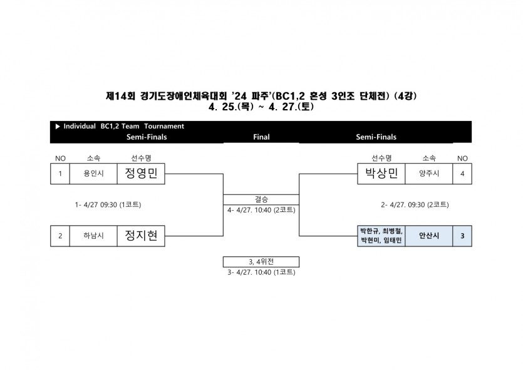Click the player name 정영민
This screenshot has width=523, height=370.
(x=141, y=173)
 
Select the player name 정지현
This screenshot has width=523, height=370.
(x=141, y=236)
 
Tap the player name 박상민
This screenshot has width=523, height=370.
(x=381, y=173)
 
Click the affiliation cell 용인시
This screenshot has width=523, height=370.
(x=93, y=173)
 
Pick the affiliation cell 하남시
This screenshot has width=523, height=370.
(x=93, y=236)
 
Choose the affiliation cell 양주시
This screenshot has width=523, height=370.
(x=429, y=173)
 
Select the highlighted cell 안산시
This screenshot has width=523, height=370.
(x=429, y=236)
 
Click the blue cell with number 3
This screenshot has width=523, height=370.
(x=462, y=236)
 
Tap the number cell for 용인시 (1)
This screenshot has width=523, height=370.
(x=60, y=173)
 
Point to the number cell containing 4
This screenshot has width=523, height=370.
(x=462, y=173)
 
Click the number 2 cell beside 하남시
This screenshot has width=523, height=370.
(x=60, y=236)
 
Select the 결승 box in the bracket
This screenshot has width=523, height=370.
(x=261, y=199)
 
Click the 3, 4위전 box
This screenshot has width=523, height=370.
(x=261, y=262)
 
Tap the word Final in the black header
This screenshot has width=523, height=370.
(x=261, y=137)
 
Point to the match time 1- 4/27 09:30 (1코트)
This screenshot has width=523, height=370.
(x=108, y=204)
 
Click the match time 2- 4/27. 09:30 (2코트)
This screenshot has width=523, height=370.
(x=415, y=204)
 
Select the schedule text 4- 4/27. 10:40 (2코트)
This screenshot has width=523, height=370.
(x=261, y=210)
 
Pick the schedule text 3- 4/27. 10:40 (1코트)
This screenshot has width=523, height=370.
(x=261, y=272)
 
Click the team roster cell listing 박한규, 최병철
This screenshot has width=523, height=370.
(x=381, y=236)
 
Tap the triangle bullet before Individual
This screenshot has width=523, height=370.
(x=58, y=126)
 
